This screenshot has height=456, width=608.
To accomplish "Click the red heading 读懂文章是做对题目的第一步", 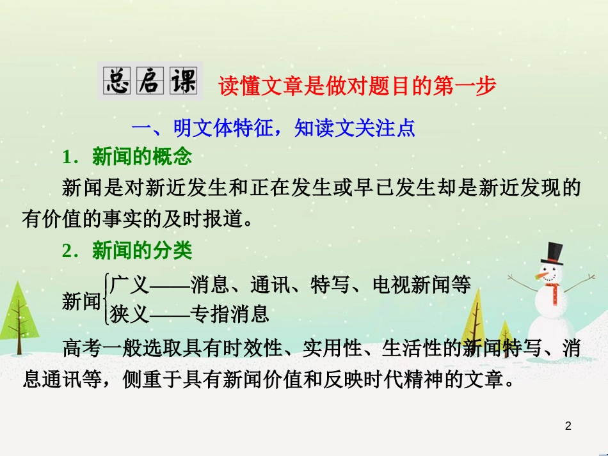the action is click(356, 86).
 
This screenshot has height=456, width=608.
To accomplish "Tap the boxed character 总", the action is click(117, 81).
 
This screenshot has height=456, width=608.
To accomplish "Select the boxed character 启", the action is click(150, 81).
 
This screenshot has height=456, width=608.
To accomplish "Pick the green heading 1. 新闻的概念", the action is click(127, 157).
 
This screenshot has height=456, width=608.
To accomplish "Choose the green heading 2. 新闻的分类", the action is click(127, 250).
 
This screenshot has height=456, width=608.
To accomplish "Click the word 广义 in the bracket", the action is click(129, 285).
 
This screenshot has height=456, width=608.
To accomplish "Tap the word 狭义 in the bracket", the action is click(129, 314).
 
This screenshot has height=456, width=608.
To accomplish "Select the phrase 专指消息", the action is click(230, 314).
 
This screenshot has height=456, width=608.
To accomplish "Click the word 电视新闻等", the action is click(422, 285).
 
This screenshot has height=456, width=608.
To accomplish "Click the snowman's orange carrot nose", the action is click(541, 276).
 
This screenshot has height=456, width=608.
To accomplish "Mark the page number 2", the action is click(568, 426).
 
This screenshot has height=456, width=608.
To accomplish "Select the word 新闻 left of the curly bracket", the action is click(81, 301).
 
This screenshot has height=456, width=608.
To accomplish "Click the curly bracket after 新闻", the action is click(105, 299).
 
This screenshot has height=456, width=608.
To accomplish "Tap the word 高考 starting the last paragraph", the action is click(82, 347).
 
